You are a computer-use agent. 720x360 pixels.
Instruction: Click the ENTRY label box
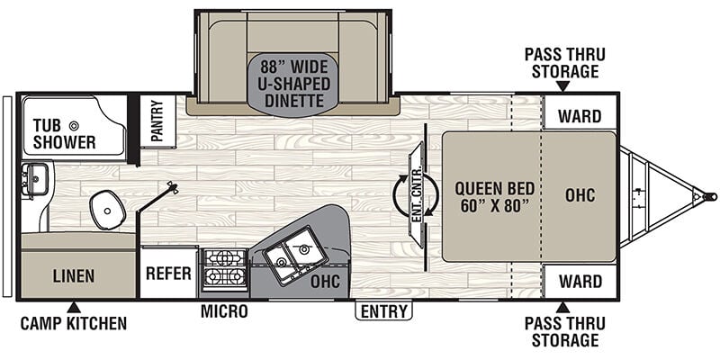click(x=384, y=311)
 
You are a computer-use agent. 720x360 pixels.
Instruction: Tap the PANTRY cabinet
click(x=157, y=121)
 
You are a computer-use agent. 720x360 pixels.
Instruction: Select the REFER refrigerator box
click(x=168, y=274)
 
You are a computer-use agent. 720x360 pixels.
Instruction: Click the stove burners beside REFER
click(x=224, y=270)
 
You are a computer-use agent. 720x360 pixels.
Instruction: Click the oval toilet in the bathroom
click(x=108, y=210)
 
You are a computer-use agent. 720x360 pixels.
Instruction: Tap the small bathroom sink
click(x=34, y=179)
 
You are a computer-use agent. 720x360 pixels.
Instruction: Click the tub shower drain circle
click(x=74, y=125)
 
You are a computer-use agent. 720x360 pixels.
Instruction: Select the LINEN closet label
click(x=74, y=276)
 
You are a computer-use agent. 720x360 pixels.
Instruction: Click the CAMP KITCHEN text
click(x=74, y=323)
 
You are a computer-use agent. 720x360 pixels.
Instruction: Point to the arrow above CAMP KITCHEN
click(x=74, y=308)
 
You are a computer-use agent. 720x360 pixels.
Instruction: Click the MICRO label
click(x=224, y=311)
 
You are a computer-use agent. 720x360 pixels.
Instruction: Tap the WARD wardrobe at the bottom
click(x=580, y=281)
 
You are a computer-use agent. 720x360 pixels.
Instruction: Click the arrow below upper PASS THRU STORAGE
click(x=563, y=85)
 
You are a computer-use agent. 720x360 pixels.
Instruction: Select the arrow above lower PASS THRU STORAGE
click(x=563, y=307)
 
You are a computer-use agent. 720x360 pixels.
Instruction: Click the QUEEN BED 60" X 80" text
click(x=495, y=197)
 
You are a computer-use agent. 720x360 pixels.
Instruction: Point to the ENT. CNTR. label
click(x=417, y=195)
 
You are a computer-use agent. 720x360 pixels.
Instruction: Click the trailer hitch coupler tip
click(x=712, y=196)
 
